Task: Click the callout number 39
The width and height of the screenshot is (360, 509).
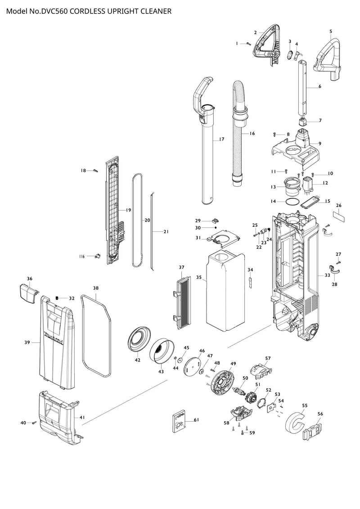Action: tap(27, 342)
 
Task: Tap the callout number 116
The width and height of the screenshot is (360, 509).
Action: tap(81, 257)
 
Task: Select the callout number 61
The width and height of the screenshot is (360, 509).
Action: tap(196, 420)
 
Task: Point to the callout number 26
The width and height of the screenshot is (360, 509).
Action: tap(338, 206)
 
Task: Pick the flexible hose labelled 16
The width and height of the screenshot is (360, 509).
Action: tap(239, 133)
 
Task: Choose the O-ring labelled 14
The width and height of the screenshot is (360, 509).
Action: tap(292, 201)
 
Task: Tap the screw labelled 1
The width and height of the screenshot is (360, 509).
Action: tap(249, 44)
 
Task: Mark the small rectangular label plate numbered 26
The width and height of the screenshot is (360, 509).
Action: tap(338, 216)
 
